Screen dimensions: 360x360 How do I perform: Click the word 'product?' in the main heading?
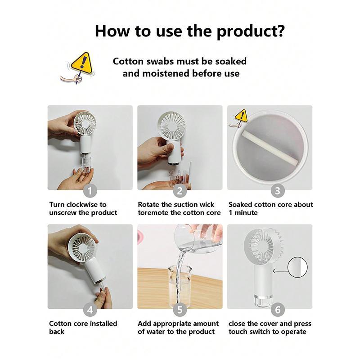(x=251, y=31)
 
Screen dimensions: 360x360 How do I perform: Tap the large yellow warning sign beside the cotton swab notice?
(x=81, y=62)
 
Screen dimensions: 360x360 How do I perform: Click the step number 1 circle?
(x=90, y=191)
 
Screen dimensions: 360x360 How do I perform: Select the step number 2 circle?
(x=180, y=191)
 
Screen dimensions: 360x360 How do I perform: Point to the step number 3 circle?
(x=278, y=191)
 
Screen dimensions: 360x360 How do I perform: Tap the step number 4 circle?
(x=90, y=310)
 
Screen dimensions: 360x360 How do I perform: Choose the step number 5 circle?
(x=180, y=310)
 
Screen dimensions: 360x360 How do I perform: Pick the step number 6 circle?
(x=278, y=310)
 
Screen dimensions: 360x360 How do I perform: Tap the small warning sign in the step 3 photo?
(x=242, y=116)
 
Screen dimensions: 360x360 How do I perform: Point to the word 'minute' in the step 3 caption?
(x=246, y=212)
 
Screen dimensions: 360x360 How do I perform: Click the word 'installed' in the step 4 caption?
(x=103, y=324)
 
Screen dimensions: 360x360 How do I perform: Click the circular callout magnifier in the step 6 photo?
(x=297, y=267)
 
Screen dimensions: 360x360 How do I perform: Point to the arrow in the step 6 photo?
(x=280, y=271)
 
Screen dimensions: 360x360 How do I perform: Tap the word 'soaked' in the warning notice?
(x=230, y=62)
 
